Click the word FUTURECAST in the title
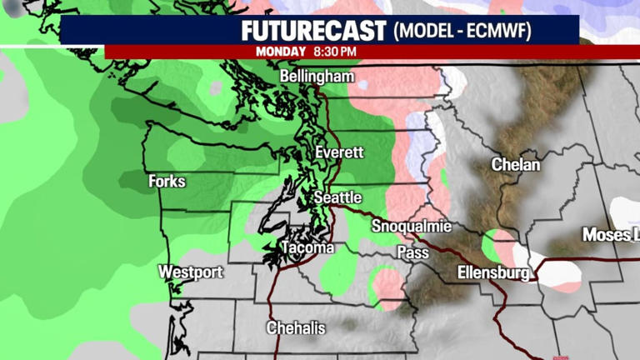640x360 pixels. (314, 32)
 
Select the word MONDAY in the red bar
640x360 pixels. (281, 52)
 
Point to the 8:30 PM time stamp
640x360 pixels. (335, 52)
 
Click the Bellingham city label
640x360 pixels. (317, 77)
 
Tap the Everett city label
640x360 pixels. (339, 152)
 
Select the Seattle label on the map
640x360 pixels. (337, 197)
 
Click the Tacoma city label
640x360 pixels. (307, 248)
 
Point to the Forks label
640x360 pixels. (167, 181)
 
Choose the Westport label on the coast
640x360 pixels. (191, 272)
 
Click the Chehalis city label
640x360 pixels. (296, 327)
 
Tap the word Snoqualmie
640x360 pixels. (412, 227)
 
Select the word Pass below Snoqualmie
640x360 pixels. (412, 252)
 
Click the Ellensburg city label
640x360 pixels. (493, 272)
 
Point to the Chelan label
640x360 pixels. (515, 164)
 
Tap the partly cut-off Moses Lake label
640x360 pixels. (607, 235)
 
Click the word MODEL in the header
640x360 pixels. (424, 32)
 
